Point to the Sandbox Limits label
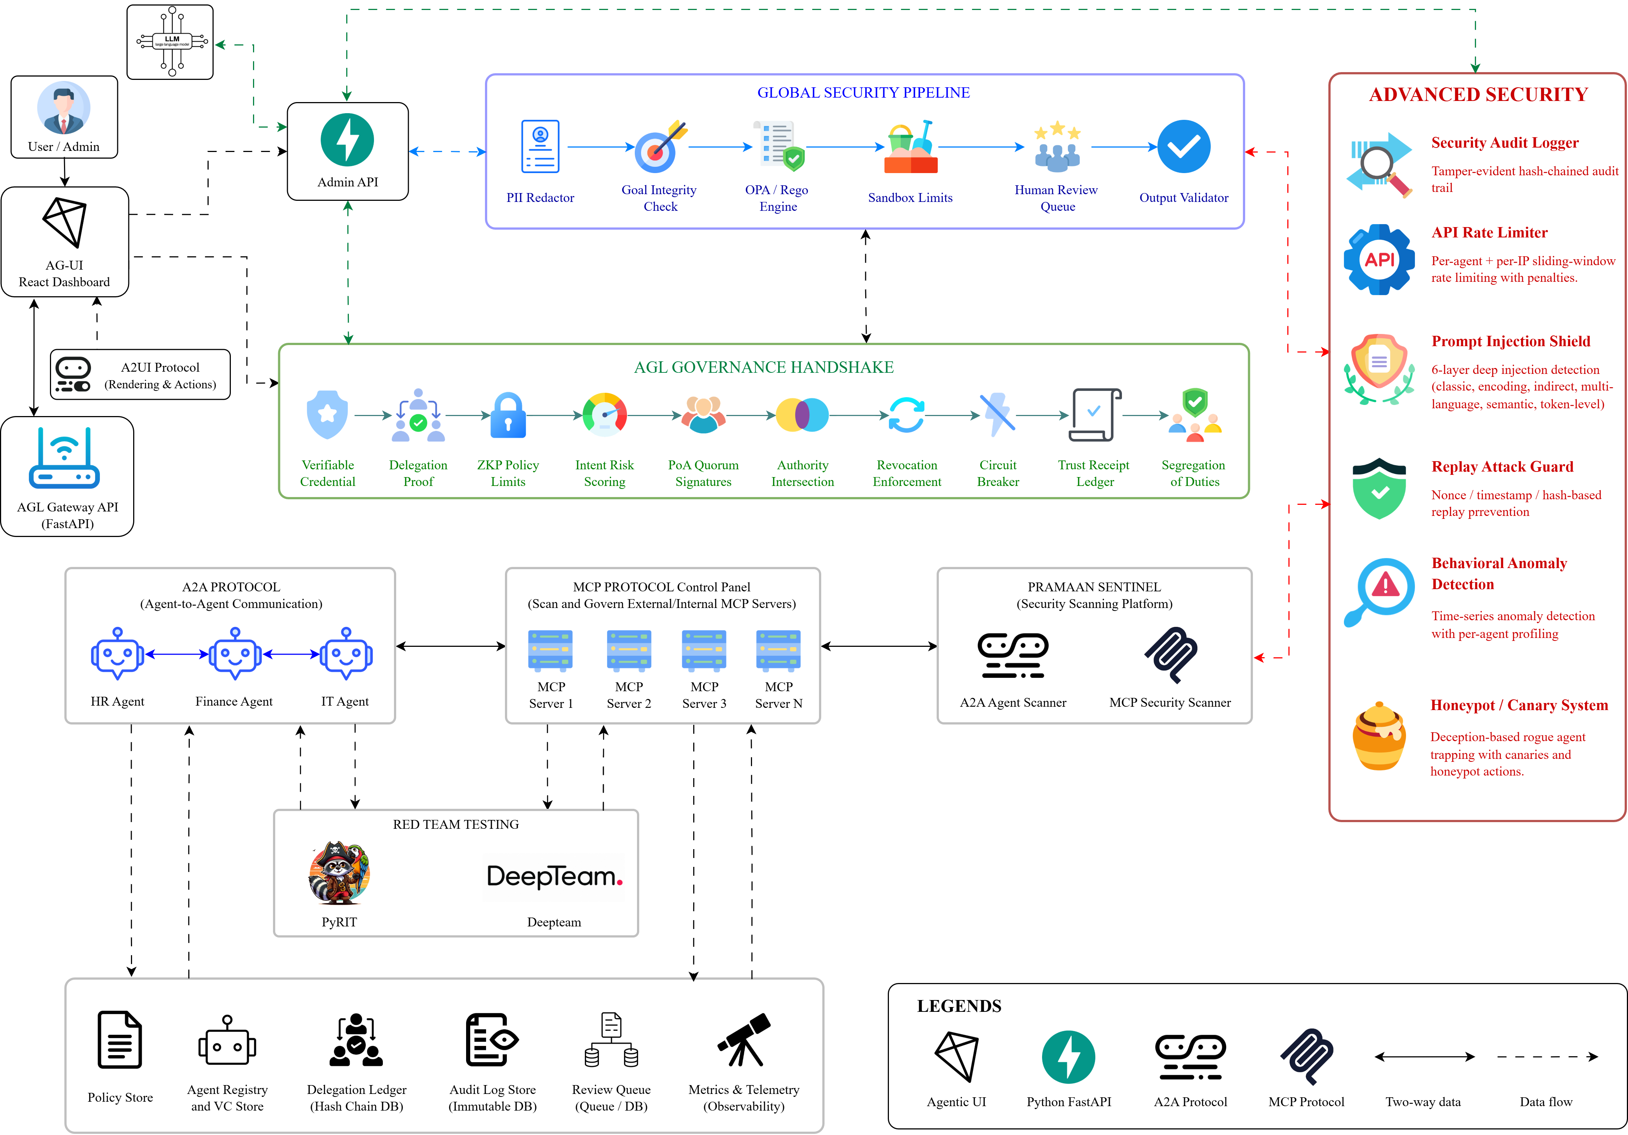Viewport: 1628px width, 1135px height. [x=910, y=198]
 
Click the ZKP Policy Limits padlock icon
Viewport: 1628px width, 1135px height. [x=508, y=415]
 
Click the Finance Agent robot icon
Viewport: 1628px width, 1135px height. [x=235, y=653]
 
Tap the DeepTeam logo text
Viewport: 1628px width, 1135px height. [x=554, y=877]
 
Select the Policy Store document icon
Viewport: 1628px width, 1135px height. [x=120, y=1039]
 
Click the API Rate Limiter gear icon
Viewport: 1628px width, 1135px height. [x=1379, y=260]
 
